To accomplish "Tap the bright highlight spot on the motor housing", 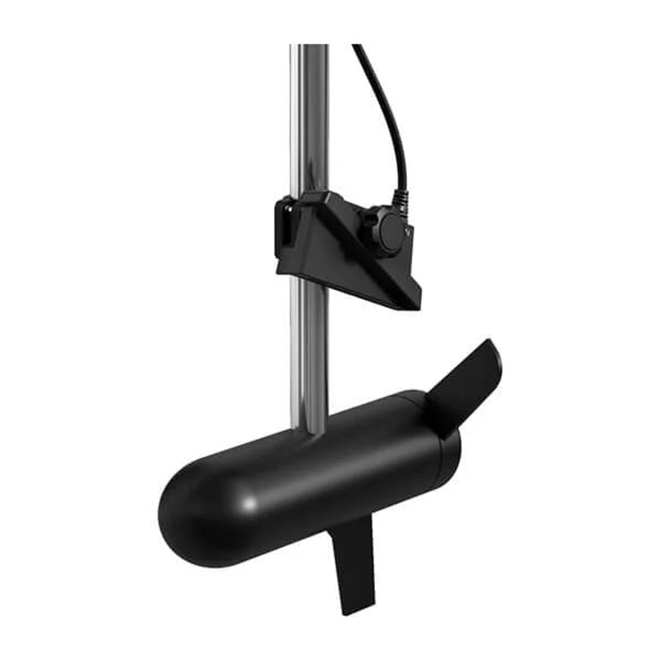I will [251, 502].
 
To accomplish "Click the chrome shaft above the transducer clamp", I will [308, 121].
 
